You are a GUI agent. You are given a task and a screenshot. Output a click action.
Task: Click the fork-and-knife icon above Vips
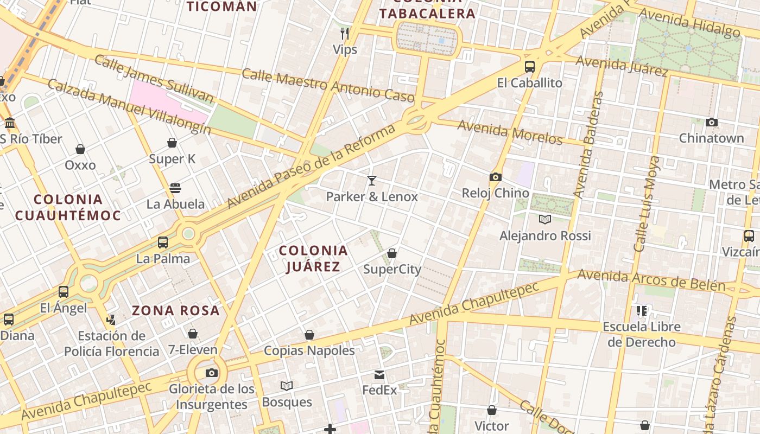point(345,34)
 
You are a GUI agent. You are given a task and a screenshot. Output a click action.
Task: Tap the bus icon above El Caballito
point(529,67)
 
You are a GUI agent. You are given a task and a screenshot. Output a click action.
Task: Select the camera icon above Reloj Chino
point(495,177)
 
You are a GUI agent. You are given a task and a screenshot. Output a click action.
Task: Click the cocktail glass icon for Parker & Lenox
point(372,180)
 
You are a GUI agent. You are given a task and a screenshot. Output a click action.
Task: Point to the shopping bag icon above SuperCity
point(392,253)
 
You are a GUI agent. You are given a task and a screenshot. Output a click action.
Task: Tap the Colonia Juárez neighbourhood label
point(313,258)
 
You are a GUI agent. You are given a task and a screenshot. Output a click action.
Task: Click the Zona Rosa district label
point(176,311)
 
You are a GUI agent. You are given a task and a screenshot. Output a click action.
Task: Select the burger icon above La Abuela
point(175,188)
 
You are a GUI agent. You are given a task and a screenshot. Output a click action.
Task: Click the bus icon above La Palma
point(163,242)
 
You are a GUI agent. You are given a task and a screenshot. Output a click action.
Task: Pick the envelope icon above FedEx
point(379,374)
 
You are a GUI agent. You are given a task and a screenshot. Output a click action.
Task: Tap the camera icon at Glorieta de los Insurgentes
point(212,373)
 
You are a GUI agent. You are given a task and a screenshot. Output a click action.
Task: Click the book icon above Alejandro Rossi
point(545,219)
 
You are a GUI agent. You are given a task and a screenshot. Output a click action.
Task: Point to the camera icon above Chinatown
point(712,122)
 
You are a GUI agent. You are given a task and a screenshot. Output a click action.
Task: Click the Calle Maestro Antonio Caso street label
point(328,85)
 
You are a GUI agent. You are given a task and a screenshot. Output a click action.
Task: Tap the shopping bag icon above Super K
point(172,143)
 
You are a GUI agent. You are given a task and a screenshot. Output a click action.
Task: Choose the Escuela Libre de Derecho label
point(642,334)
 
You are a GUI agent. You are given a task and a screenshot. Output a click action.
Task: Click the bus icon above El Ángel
point(64,292)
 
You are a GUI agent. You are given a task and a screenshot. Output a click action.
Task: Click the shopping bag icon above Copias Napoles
point(309,335)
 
